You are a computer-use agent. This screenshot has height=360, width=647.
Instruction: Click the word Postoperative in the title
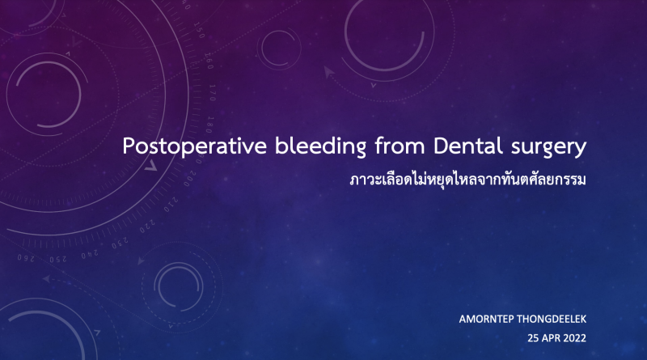pyautogui.click(x=194, y=146)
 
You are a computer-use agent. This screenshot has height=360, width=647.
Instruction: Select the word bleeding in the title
pyautogui.click(x=320, y=146)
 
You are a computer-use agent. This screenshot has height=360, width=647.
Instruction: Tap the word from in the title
pyautogui.click(x=400, y=146)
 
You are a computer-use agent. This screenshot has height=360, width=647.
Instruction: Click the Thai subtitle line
pyautogui.click(x=468, y=180)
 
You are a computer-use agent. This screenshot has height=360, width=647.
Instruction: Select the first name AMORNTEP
pyautogui.click(x=486, y=319)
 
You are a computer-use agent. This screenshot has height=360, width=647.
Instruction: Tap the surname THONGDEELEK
pyautogui.click(x=552, y=319)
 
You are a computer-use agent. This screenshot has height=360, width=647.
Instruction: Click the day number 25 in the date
pyautogui.click(x=533, y=338)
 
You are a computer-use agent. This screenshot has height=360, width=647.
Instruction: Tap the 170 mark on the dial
pyautogui.click(x=212, y=92)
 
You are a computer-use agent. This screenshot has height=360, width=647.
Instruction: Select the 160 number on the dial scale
pyautogui.click(x=209, y=61)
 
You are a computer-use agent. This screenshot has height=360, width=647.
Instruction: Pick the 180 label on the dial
pyautogui.click(x=210, y=125)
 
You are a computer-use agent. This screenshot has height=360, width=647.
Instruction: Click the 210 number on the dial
pyautogui.click(x=171, y=205)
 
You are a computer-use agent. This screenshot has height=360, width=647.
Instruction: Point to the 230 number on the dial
pyautogui.click(x=120, y=243)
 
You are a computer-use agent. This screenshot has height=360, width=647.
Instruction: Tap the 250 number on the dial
pyautogui.click(x=58, y=259)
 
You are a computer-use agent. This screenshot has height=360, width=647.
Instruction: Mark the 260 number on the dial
pyautogui.click(x=26, y=258)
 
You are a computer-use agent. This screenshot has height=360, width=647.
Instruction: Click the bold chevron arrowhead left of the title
pyautogui.click(x=151, y=166)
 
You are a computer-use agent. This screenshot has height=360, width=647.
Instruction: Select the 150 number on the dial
pyautogui.click(x=198, y=30)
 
